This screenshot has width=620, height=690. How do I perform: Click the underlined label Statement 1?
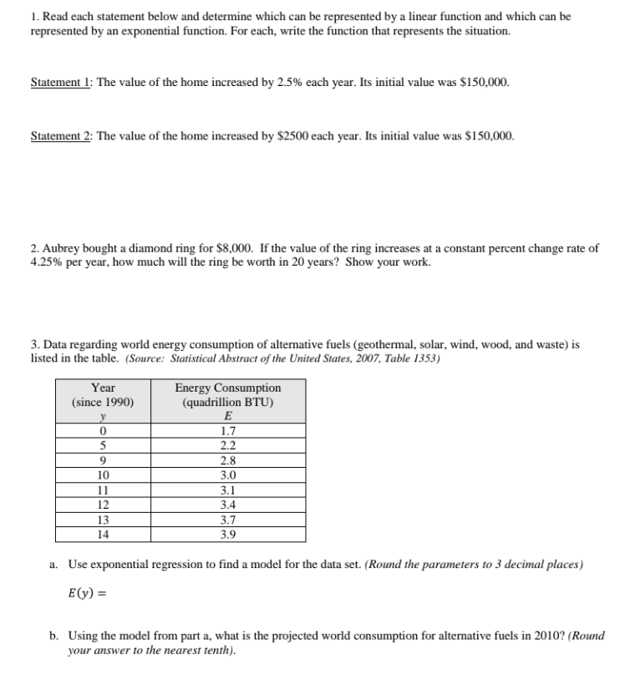tap(60, 84)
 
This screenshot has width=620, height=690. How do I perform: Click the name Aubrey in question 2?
tap(58, 249)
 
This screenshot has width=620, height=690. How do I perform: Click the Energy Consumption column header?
tap(228, 388)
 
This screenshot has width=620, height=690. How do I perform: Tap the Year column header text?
tap(103, 388)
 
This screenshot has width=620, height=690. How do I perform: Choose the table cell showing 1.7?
tap(227, 431)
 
